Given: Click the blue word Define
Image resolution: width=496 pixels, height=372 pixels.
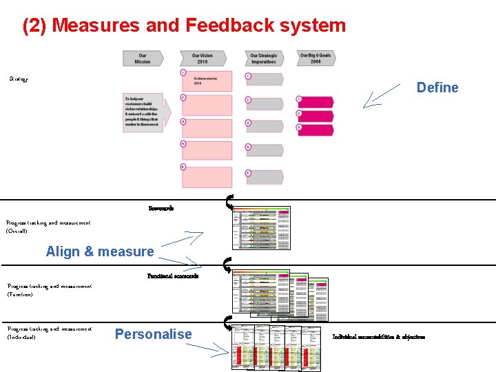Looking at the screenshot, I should pyautogui.click(x=437, y=87).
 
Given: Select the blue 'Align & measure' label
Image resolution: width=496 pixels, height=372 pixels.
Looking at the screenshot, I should pyautogui.click(x=100, y=251).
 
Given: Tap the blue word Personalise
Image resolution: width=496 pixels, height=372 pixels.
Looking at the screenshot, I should pyautogui.click(x=153, y=334).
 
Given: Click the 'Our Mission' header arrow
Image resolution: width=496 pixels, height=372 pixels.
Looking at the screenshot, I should pyautogui.click(x=143, y=59).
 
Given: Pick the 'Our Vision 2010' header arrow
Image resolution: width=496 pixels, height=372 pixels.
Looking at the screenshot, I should pyautogui.click(x=203, y=59).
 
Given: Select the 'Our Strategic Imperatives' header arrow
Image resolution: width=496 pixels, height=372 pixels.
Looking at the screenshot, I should pyautogui.click(x=263, y=59).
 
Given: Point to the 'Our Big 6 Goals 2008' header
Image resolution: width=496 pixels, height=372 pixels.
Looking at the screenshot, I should pyautogui.click(x=316, y=58).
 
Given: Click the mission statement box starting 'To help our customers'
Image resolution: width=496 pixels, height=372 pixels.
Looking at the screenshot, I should pyautogui.click(x=143, y=112).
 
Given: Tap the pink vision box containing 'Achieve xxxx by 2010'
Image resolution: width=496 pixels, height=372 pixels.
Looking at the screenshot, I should pyautogui.click(x=207, y=81).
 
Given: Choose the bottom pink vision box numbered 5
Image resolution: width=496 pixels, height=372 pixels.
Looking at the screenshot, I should pyautogui.click(x=207, y=176).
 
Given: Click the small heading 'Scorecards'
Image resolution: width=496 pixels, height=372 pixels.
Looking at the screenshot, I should pyautogui.click(x=161, y=208).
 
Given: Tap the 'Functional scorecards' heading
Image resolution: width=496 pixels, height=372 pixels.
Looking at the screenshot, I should pyautogui.click(x=173, y=276).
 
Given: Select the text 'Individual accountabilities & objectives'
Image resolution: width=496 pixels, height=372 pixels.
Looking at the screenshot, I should pyautogui.click(x=378, y=337).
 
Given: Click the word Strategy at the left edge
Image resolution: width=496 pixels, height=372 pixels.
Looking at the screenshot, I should pyautogui.click(x=19, y=79).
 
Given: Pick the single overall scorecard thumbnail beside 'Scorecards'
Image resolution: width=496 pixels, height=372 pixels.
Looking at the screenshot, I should pyautogui.click(x=262, y=227).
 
